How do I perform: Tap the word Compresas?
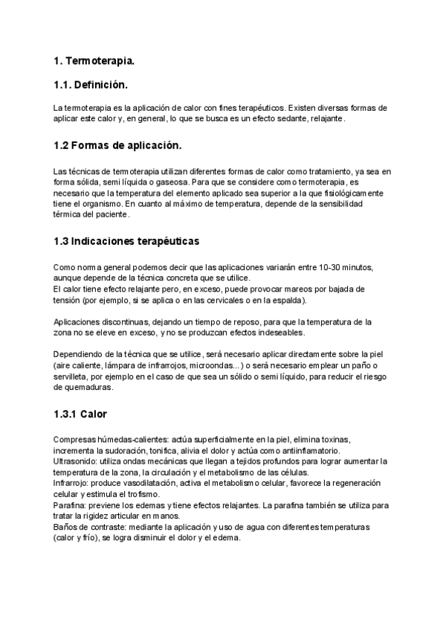pos(76,440)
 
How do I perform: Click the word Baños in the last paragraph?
pos(65,527)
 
